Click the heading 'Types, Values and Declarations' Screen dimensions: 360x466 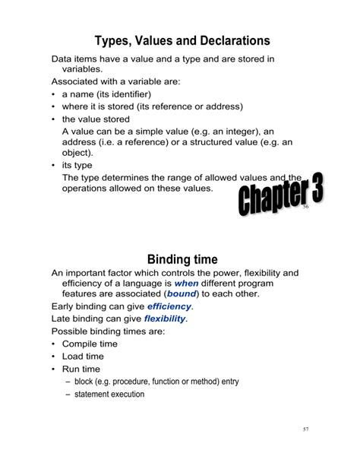coord(182,40)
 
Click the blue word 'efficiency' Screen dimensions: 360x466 coord(169,306)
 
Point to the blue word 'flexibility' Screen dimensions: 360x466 coord(165,319)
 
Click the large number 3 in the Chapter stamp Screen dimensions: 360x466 coord(311,190)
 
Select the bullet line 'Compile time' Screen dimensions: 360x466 coord(90,344)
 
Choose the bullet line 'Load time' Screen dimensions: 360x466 coord(83,357)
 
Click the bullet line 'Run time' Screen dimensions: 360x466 coord(81,369)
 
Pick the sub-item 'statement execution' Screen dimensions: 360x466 coord(109,395)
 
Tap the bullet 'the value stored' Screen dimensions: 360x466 coord(96,119)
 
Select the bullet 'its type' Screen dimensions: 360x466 coord(77,164)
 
